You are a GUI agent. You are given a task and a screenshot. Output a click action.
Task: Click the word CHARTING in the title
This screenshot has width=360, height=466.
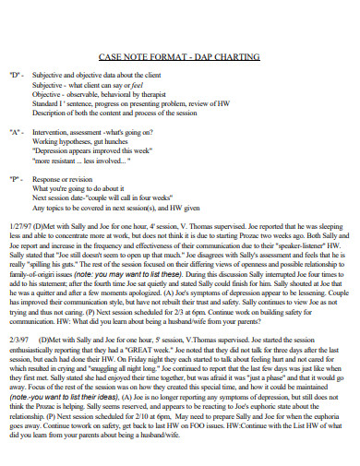coord(234,57)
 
